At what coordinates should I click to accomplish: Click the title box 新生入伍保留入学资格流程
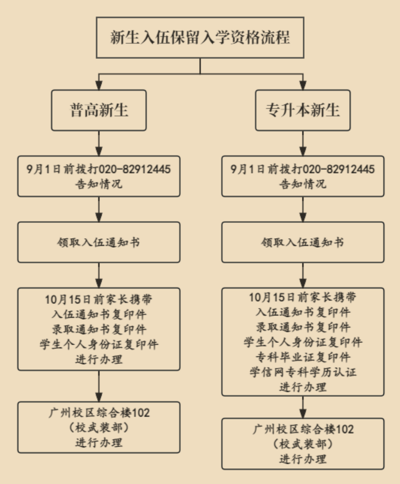pyautogui.click(x=200, y=37)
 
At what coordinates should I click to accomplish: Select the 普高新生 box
pyautogui.click(x=99, y=110)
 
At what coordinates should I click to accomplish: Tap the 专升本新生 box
pyautogui.click(x=303, y=110)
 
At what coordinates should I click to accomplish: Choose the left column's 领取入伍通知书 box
pyautogui.click(x=99, y=242)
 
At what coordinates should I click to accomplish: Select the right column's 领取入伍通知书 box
pyautogui.click(x=303, y=242)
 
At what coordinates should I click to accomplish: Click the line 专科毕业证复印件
pyautogui.click(x=303, y=357)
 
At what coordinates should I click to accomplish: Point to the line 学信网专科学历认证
pyautogui.click(x=303, y=372)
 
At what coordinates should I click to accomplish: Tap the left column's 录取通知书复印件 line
pyautogui.click(x=99, y=329)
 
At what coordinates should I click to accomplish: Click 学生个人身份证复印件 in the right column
pyautogui.click(x=303, y=342)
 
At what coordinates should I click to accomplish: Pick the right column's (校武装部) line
pyautogui.click(x=303, y=444)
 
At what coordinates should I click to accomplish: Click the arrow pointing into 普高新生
pyautogui.click(x=99, y=84)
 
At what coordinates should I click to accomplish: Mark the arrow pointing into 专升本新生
pyautogui.click(x=303, y=84)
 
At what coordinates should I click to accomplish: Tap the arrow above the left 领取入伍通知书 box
pyautogui.click(x=99, y=209)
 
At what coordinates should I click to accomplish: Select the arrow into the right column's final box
pyautogui.click(x=303, y=407)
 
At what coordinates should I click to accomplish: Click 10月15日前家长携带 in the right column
pyautogui.click(x=303, y=298)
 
